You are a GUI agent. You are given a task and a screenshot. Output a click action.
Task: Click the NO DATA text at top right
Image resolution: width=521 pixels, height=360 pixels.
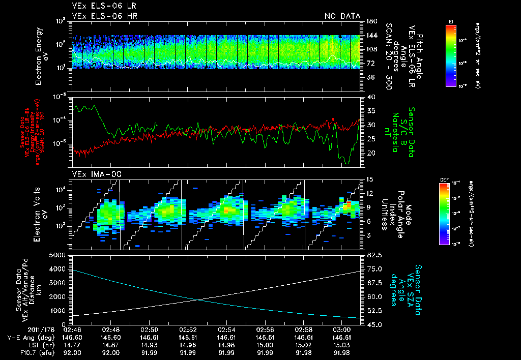342,16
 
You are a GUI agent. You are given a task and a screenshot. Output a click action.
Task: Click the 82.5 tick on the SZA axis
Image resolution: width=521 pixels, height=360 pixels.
372,255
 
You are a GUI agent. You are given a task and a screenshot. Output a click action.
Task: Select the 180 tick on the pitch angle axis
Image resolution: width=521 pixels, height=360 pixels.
370,21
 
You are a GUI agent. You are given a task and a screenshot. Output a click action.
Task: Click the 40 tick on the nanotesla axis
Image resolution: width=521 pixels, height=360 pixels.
370,97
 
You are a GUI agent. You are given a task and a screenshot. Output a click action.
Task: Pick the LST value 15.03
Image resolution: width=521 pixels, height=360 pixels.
341,344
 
